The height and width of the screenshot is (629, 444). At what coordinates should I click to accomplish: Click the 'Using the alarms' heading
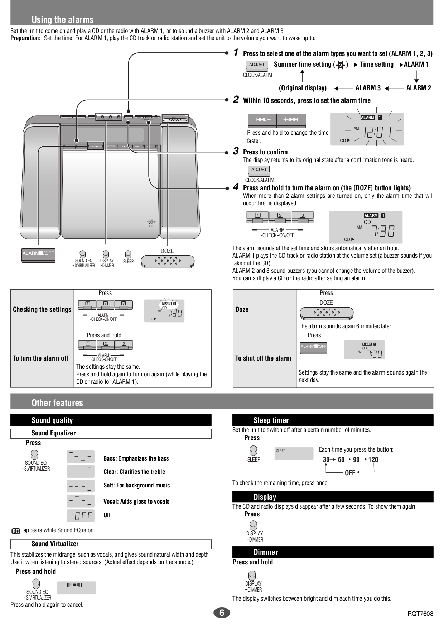62,20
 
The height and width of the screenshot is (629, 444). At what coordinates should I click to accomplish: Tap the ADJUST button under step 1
257,65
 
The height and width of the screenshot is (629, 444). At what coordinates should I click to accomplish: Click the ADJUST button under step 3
259,170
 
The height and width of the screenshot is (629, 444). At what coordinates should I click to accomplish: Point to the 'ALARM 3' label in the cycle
368,88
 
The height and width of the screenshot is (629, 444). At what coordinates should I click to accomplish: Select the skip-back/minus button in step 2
262,120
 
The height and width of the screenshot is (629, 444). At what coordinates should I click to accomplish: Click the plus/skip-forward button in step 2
291,120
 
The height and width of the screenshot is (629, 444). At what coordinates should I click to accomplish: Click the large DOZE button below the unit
167,261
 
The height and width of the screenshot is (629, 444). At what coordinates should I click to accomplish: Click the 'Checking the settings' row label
42,310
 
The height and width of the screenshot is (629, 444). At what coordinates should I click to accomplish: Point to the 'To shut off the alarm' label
263,358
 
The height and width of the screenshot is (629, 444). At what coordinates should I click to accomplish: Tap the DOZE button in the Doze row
326,313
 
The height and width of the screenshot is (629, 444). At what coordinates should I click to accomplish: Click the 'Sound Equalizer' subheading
54,433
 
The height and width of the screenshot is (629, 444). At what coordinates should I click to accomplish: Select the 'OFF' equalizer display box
81,515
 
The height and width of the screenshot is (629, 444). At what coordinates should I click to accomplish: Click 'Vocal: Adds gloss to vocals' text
136,501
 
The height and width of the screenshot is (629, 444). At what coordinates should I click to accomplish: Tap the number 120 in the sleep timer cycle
373,459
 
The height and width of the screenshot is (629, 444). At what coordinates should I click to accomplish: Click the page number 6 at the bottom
222,613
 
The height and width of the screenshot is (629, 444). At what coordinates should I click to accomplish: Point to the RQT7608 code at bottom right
420,613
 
